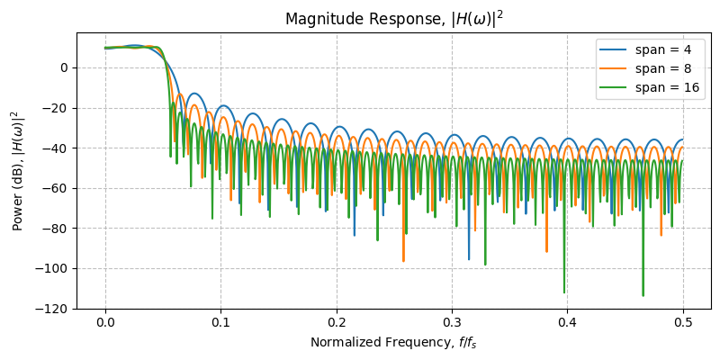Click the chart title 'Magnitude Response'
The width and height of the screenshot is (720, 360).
click(393, 19)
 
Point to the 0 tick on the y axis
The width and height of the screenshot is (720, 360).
click(65, 67)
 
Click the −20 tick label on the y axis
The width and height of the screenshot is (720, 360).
click(58, 108)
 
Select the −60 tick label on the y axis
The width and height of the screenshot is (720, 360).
click(58, 188)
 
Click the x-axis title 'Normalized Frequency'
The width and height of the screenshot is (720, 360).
click(393, 343)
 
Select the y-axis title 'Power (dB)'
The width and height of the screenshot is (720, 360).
click(18, 171)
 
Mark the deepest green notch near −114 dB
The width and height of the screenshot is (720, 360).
click(643, 294)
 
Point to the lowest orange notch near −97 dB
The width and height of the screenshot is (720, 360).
click(403, 260)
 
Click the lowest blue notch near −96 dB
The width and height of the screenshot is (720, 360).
click(469, 258)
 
